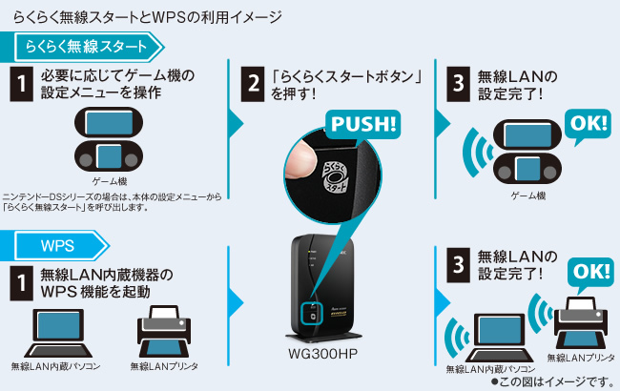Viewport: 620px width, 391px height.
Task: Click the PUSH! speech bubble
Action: tap(364, 124)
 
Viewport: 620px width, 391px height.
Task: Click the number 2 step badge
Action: tap(254, 83)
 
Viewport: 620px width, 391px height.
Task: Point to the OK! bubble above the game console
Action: tap(589, 125)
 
